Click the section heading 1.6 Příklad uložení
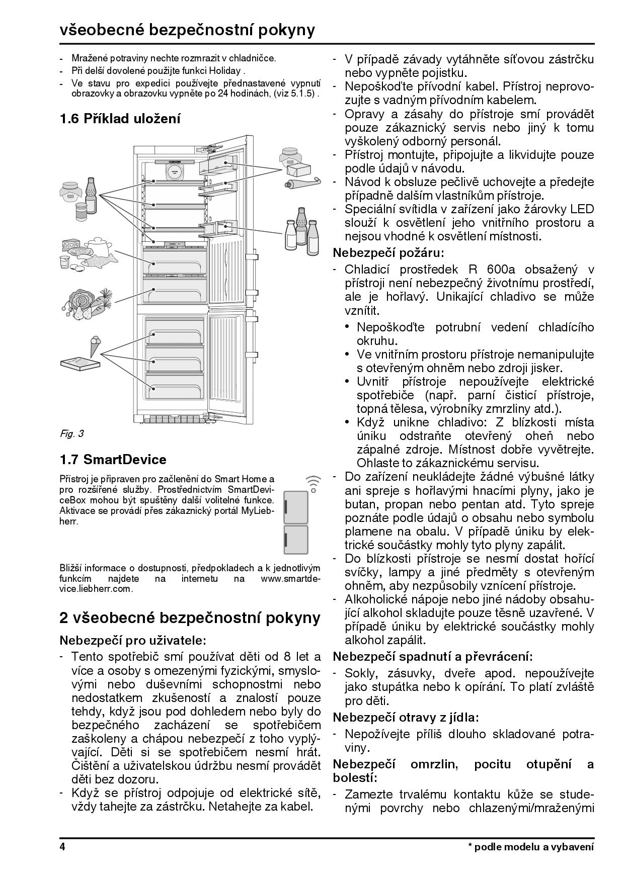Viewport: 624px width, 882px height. click(120, 119)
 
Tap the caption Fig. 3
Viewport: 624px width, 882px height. click(71, 433)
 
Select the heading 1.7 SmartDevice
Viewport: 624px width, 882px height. click(113, 460)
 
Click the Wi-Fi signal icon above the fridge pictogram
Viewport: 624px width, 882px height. click(314, 482)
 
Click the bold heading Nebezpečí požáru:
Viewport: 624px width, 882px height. click(388, 252)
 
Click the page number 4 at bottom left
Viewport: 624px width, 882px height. click(62, 846)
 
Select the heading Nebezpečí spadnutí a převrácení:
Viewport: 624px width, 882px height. click(433, 656)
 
